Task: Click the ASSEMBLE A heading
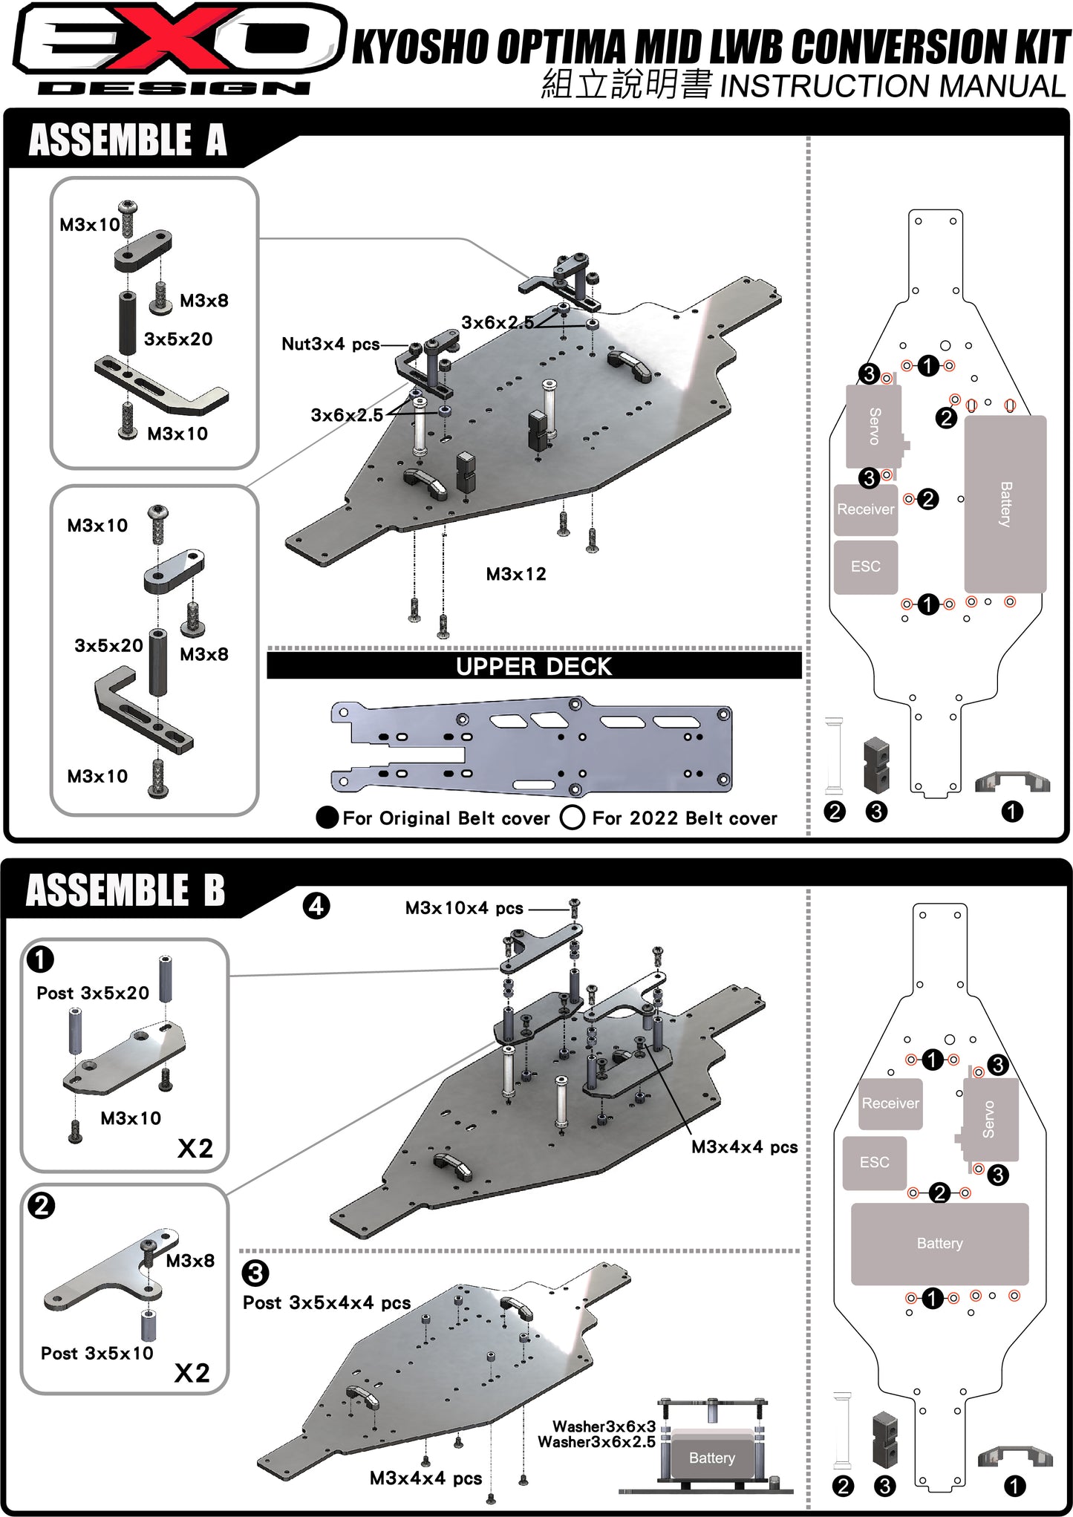(x=127, y=140)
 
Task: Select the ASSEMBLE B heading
(x=125, y=890)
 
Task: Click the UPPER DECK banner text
(x=533, y=666)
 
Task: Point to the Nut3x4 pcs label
(x=330, y=344)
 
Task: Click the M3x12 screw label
(x=516, y=574)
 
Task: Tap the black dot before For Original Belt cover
(x=327, y=818)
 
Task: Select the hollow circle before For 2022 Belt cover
(x=572, y=818)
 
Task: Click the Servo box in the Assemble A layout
(x=874, y=426)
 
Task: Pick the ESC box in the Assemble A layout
(x=866, y=567)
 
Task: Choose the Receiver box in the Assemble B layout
(x=890, y=1103)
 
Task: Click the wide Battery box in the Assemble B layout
(x=939, y=1244)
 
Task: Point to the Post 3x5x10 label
(x=97, y=1353)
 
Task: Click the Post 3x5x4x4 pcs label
(x=327, y=1303)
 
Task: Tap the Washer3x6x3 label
(x=604, y=1426)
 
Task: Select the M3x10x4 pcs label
(x=464, y=908)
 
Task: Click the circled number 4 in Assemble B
(x=316, y=906)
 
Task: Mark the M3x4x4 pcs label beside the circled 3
(x=425, y=1478)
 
